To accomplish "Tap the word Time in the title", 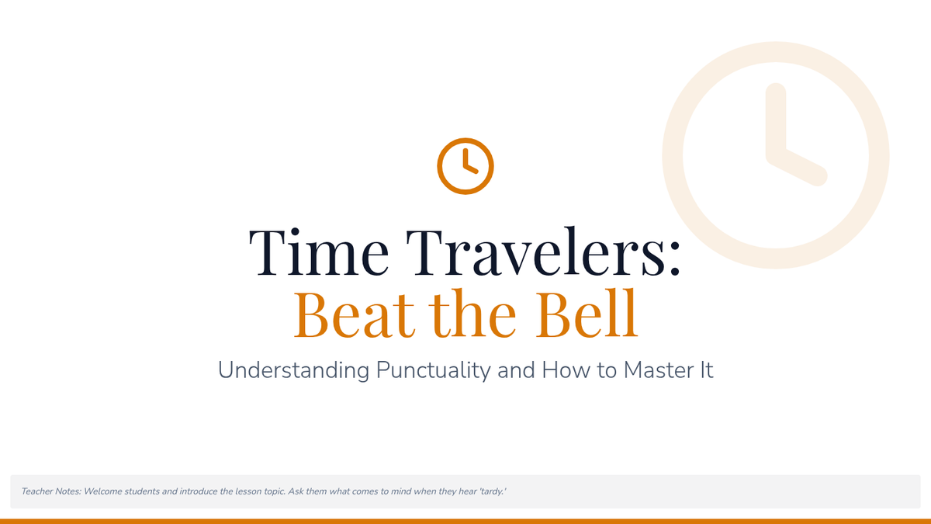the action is click(x=319, y=252).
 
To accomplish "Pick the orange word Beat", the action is click(x=355, y=314).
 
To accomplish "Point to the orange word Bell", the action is click(x=587, y=313).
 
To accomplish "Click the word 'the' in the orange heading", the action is click(x=472, y=313).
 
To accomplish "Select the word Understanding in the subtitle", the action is click(x=293, y=370).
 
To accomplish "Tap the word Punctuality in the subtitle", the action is click(x=433, y=370).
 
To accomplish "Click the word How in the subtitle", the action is click(x=566, y=370).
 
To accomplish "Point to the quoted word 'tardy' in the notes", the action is click(x=493, y=492).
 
